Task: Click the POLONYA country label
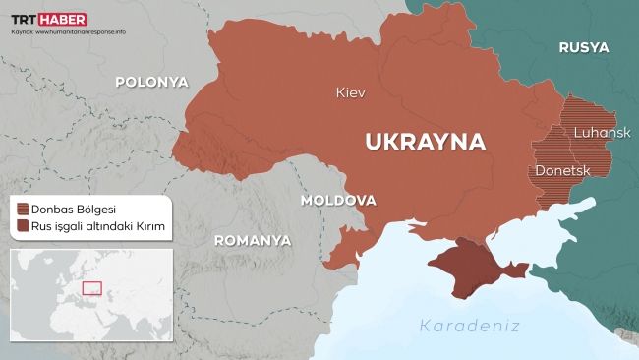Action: (151, 82)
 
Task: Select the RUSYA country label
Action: (583, 47)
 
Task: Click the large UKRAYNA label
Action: (425, 141)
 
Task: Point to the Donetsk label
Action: (561, 170)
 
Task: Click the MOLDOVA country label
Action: (338, 200)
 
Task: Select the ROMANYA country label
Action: (253, 239)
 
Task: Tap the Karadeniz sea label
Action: (469, 326)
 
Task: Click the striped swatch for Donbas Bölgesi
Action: (22, 209)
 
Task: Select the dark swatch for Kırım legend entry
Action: (22, 227)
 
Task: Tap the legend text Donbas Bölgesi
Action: (74, 209)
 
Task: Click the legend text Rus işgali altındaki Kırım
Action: (95, 227)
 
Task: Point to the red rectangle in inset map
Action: (91, 288)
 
